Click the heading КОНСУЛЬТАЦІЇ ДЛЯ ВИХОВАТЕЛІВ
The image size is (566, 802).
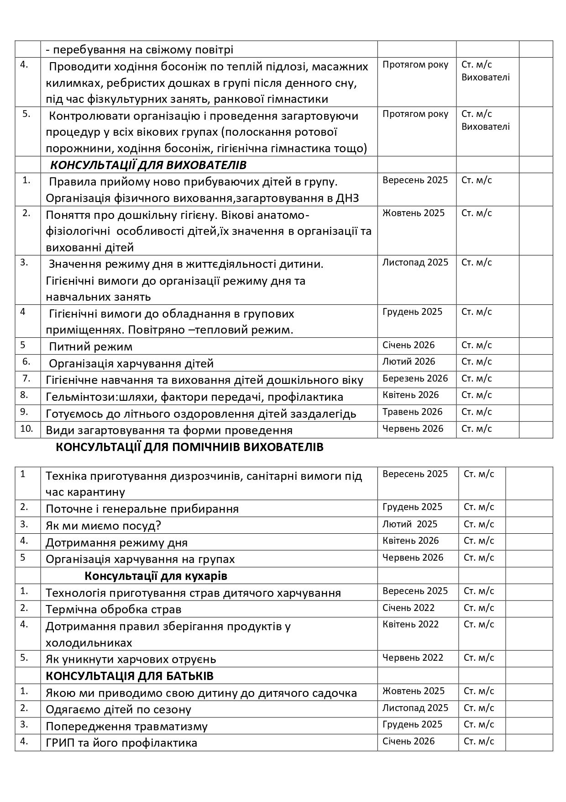[148, 165]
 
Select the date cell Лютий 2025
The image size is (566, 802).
[409, 524]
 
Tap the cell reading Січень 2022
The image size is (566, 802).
[408, 608]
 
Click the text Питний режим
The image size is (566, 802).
[90, 346]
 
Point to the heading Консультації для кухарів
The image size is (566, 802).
[156, 576]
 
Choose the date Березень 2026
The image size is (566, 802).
[415, 378]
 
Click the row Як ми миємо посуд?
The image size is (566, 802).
[103, 526]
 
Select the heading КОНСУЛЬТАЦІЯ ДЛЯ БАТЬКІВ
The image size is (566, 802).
[130, 676]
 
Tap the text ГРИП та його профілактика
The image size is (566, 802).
[121, 743]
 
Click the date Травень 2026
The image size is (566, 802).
[412, 412]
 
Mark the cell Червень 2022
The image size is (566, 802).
[413, 658]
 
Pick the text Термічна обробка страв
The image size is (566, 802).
[114, 609]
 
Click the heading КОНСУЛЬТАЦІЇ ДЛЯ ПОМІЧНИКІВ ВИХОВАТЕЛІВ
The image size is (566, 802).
[189, 447]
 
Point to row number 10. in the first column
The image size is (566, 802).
[27, 429]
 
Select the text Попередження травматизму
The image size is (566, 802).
[126, 726]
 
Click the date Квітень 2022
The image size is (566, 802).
[410, 624]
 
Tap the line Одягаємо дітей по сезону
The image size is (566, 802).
[118, 709]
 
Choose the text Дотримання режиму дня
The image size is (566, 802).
[116, 542]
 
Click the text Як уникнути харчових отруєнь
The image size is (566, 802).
[131, 659]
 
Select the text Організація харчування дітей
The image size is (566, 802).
[131, 363]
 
